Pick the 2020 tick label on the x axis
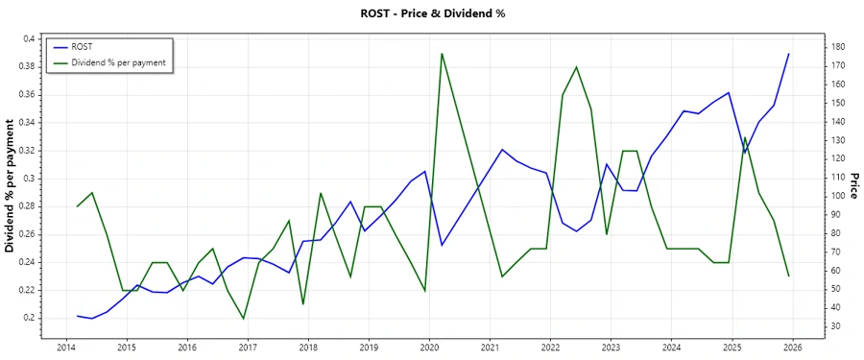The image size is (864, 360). (x=429, y=347)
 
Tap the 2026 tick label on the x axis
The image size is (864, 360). (x=792, y=347)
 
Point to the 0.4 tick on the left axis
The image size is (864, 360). (x=29, y=38)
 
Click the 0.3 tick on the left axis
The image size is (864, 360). (x=29, y=179)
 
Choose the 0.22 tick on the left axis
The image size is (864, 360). (x=26, y=290)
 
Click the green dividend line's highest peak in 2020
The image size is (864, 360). (x=442, y=54)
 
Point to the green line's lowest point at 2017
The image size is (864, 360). (x=243, y=319)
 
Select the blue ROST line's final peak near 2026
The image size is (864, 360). (x=789, y=54)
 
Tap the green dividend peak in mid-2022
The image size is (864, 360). (x=576, y=67)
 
